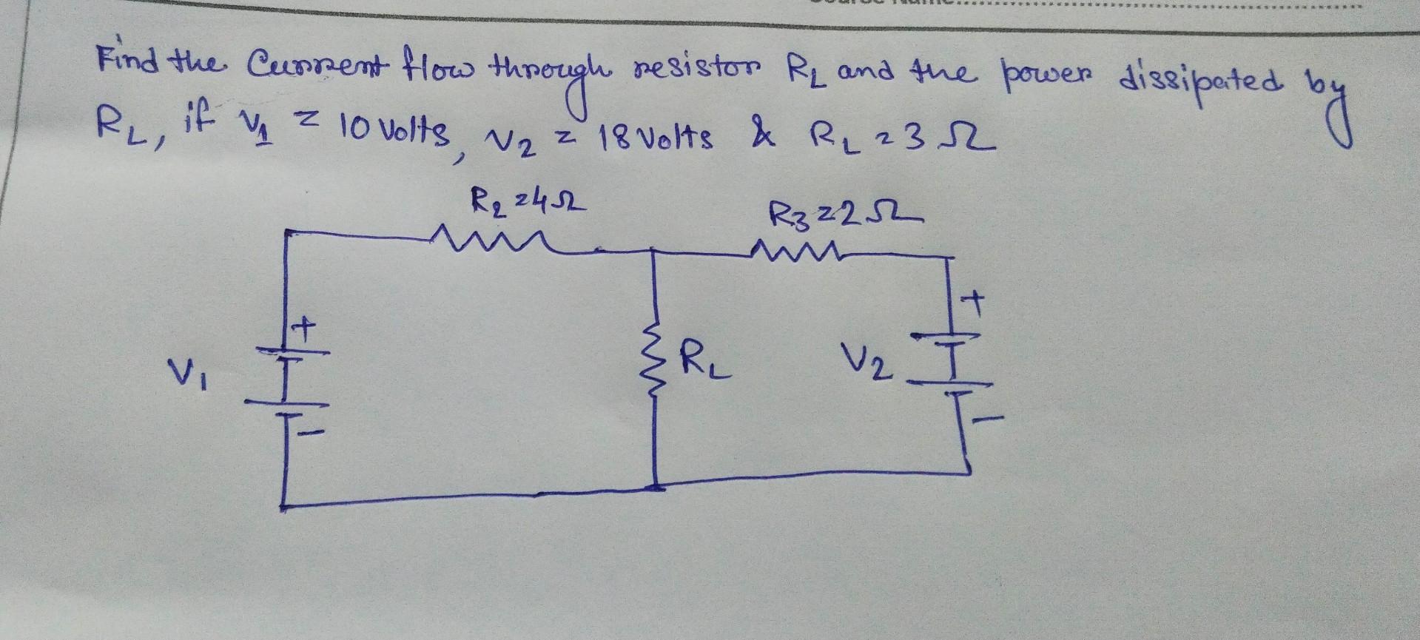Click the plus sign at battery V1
click(x=305, y=326)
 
